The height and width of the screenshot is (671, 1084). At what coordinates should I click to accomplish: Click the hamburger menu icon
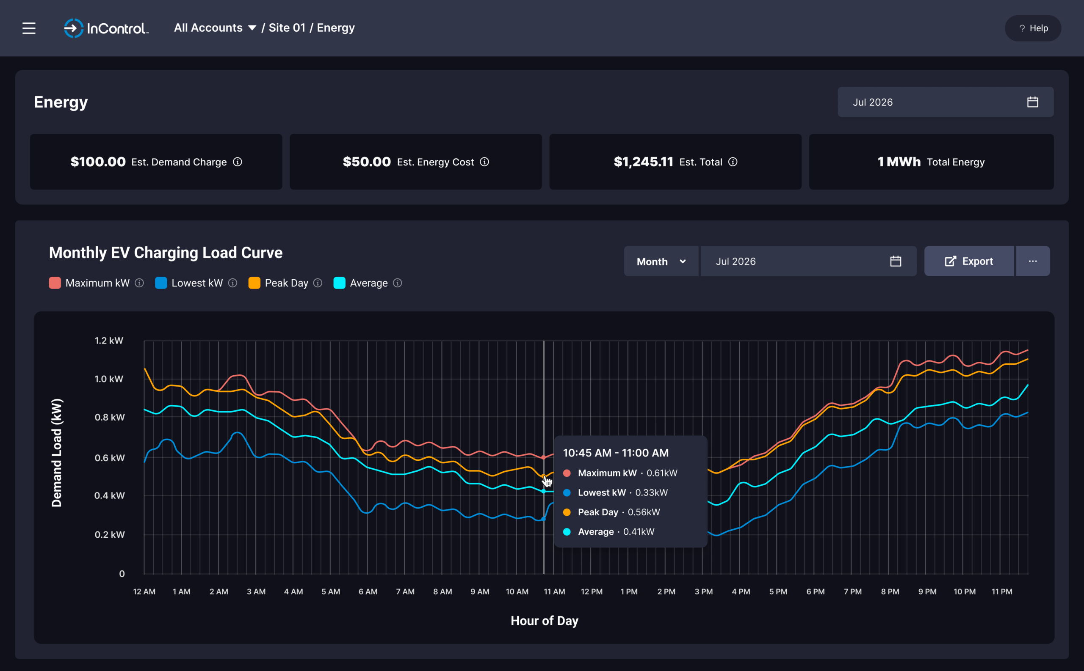click(29, 28)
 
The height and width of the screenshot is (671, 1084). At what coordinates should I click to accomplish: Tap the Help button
click(1033, 28)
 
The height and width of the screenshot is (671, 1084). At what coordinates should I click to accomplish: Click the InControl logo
click(106, 28)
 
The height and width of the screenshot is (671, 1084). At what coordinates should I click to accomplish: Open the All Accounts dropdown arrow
click(252, 28)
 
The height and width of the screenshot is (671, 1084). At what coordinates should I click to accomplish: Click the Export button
click(969, 261)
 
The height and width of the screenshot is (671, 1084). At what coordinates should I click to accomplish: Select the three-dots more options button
click(1033, 261)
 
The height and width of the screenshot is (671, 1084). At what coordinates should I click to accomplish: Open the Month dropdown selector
click(661, 261)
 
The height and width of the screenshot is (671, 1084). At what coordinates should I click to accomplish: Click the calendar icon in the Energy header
click(1032, 102)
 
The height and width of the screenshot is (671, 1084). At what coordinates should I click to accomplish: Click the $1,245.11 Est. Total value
click(644, 162)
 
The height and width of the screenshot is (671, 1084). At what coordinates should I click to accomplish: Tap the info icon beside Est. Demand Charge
click(238, 162)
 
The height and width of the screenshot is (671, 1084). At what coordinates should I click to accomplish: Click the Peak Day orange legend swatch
click(254, 283)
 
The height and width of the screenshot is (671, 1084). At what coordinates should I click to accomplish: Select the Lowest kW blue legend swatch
click(161, 283)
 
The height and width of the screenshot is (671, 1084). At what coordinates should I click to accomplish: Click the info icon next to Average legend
click(398, 283)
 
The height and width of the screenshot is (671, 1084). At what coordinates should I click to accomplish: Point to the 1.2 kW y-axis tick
click(109, 341)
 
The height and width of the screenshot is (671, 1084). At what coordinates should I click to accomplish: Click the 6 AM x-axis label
click(368, 591)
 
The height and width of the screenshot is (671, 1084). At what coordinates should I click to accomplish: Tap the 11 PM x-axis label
click(1002, 591)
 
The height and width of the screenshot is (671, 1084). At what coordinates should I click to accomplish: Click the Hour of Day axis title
click(545, 621)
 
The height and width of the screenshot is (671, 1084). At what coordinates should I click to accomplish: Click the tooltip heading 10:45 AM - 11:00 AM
click(616, 453)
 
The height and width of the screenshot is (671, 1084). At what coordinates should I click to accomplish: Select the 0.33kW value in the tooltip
click(652, 492)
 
